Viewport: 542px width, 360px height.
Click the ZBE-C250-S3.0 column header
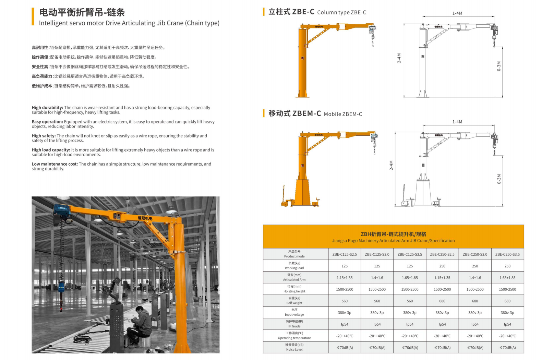(x=475, y=254)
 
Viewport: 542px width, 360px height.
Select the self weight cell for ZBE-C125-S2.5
(x=345, y=301)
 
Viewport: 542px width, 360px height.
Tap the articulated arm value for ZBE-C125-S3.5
(x=410, y=278)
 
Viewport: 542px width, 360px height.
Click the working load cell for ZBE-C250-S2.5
(x=442, y=266)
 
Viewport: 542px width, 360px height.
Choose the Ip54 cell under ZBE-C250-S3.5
(x=507, y=324)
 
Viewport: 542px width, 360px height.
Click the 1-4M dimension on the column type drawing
(x=457, y=13)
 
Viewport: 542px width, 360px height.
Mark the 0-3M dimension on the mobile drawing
(x=499, y=179)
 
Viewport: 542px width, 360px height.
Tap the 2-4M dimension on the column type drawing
(x=399, y=58)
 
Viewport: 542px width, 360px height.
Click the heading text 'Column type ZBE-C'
(x=341, y=12)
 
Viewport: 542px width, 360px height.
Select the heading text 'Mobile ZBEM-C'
(x=343, y=114)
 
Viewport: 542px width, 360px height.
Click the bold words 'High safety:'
(x=44, y=136)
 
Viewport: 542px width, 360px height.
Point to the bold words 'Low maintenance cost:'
(x=55, y=164)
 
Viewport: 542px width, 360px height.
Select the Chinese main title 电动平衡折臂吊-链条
(x=82, y=12)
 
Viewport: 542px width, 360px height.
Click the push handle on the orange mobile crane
(x=283, y=194)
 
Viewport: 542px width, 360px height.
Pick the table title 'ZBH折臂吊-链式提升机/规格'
(x=394, y=234)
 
